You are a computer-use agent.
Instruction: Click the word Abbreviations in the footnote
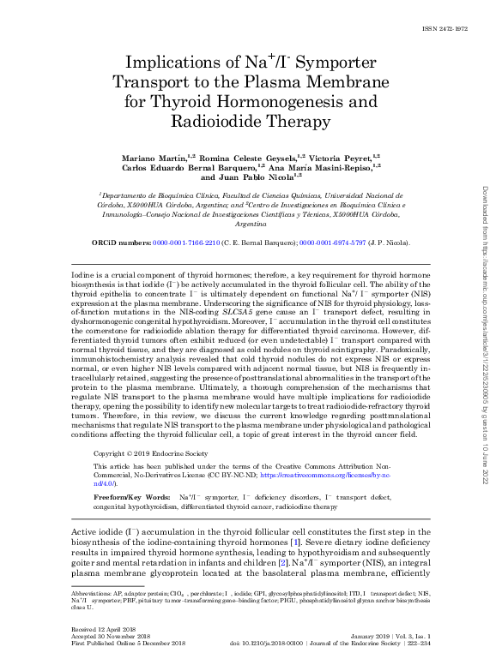(x=89, y=593)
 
